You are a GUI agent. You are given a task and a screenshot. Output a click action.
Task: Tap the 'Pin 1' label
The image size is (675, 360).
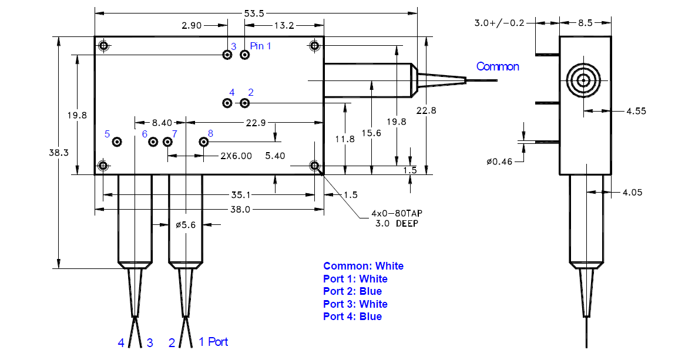coord(260,46)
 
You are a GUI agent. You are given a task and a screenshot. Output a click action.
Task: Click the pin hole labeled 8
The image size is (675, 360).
coord(204,142)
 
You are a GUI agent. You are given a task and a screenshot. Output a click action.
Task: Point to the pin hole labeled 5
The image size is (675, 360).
coord(117,142)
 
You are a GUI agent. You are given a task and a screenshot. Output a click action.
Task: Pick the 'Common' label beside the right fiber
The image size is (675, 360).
coord(498,66)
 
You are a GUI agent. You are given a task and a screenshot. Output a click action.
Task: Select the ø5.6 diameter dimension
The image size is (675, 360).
coord(186,224)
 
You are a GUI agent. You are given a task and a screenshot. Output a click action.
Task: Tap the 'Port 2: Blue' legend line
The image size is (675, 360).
coord(352,291)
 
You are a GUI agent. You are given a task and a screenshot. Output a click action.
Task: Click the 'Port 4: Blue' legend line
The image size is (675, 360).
coord(352,317)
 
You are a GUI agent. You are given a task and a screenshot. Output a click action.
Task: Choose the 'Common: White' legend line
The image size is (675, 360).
coord(363,266)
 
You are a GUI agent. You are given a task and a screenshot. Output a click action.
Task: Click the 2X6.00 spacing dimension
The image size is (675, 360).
coord(236,156)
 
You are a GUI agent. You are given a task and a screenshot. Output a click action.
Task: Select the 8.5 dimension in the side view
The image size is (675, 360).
coord(585,23)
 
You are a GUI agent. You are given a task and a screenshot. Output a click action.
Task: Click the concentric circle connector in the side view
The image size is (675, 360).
coord(585,80)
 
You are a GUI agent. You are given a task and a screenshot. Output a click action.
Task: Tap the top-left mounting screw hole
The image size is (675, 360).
coord(103,45)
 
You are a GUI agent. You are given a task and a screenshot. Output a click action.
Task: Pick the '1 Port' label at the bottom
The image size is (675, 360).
coord(213,342)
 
